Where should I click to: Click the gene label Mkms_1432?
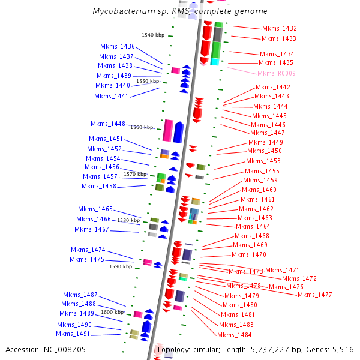click(279, 29)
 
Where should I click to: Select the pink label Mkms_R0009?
click(276, 73)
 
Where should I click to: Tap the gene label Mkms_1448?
click(108, 124)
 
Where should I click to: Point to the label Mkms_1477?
click(314, 295)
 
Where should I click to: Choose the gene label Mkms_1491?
click(73, 334)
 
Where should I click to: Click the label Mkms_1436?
click(118, 46)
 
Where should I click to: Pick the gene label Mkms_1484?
click(234, 335)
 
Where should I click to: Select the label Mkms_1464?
click(253, 226)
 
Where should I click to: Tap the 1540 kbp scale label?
click(153, 35)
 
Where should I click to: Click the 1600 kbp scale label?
click(112, 312)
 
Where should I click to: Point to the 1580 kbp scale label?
click(128, 220)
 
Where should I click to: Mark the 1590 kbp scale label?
click(121, 266)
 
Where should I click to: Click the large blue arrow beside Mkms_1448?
click(178, 131)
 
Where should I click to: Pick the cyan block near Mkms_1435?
click(215, 62)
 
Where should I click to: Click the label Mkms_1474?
click(88, 250)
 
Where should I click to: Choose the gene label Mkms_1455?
click(262, 171)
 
